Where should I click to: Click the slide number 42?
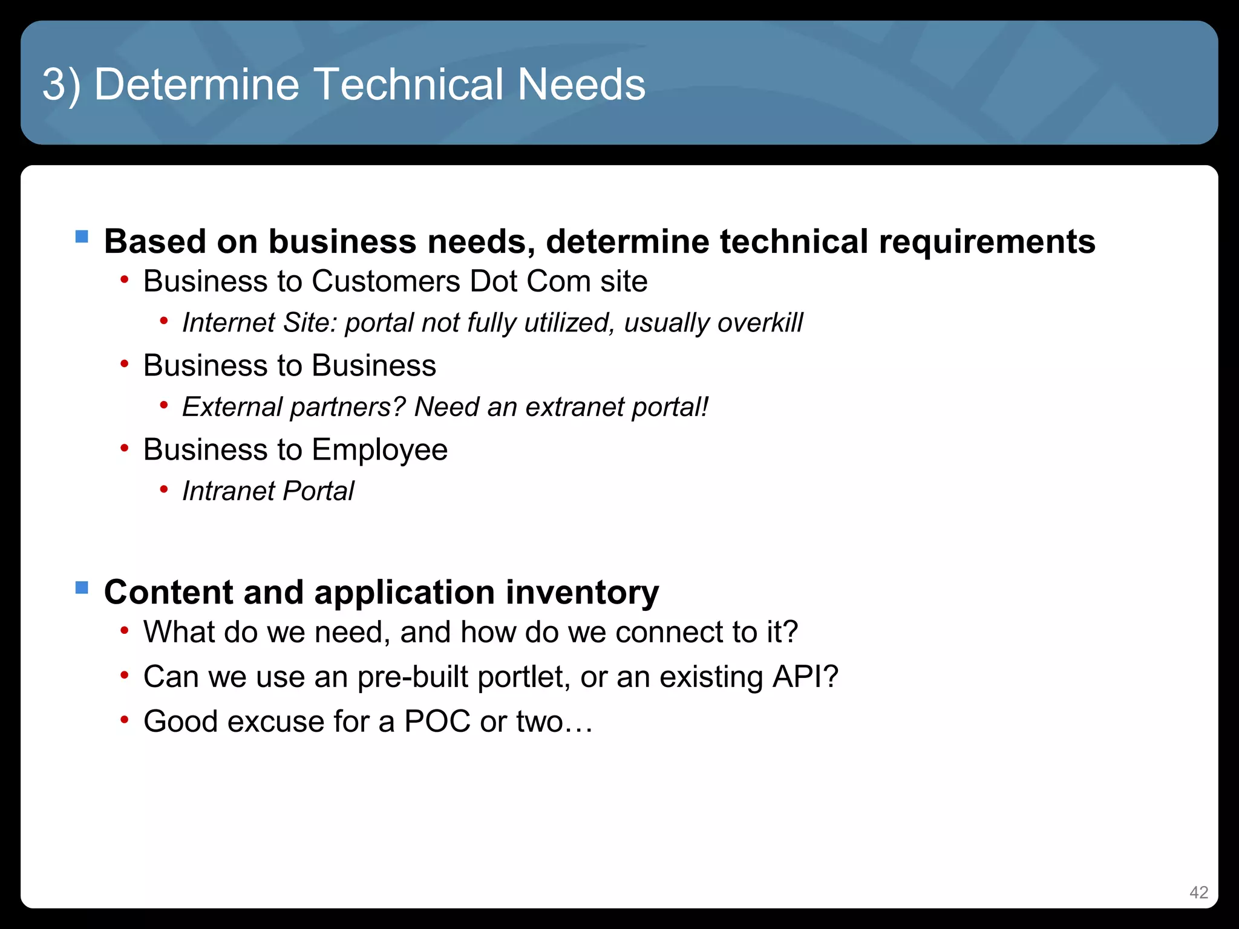point(1198,892)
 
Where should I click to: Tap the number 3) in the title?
point(61,85)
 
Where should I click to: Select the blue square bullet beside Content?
point(82,587)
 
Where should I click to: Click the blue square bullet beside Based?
point(82,236)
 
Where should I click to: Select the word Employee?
point(379,450)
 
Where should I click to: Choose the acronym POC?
point(437,722)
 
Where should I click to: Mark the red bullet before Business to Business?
point(125,364)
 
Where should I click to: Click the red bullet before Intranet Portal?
point(163,490)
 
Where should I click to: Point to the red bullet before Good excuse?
point(125,720)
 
